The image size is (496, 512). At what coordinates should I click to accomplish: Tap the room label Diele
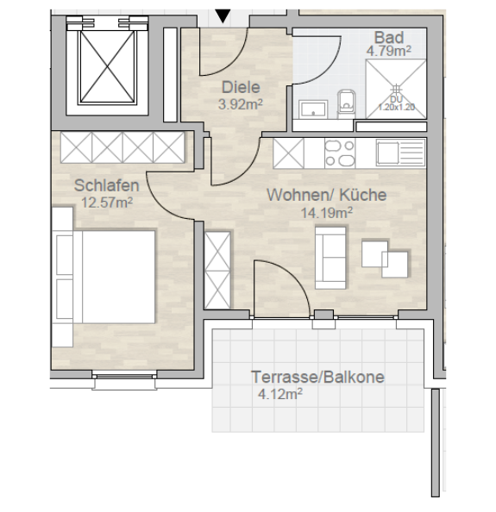pos(241,87)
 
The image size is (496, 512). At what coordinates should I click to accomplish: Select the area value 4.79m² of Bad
pos(388,51)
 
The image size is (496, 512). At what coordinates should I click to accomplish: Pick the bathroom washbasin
pos(311,108)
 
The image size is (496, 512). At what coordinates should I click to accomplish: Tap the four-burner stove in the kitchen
pos(338,153)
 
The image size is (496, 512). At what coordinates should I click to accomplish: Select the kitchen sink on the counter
pos(398,153)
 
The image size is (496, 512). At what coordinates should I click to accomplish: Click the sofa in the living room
pos(330,257)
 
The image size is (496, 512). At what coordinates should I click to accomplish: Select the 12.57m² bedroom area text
pos(106,203)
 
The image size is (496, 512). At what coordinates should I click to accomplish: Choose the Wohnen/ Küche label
pos(326,195)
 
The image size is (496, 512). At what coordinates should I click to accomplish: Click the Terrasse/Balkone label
pos(317,377)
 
